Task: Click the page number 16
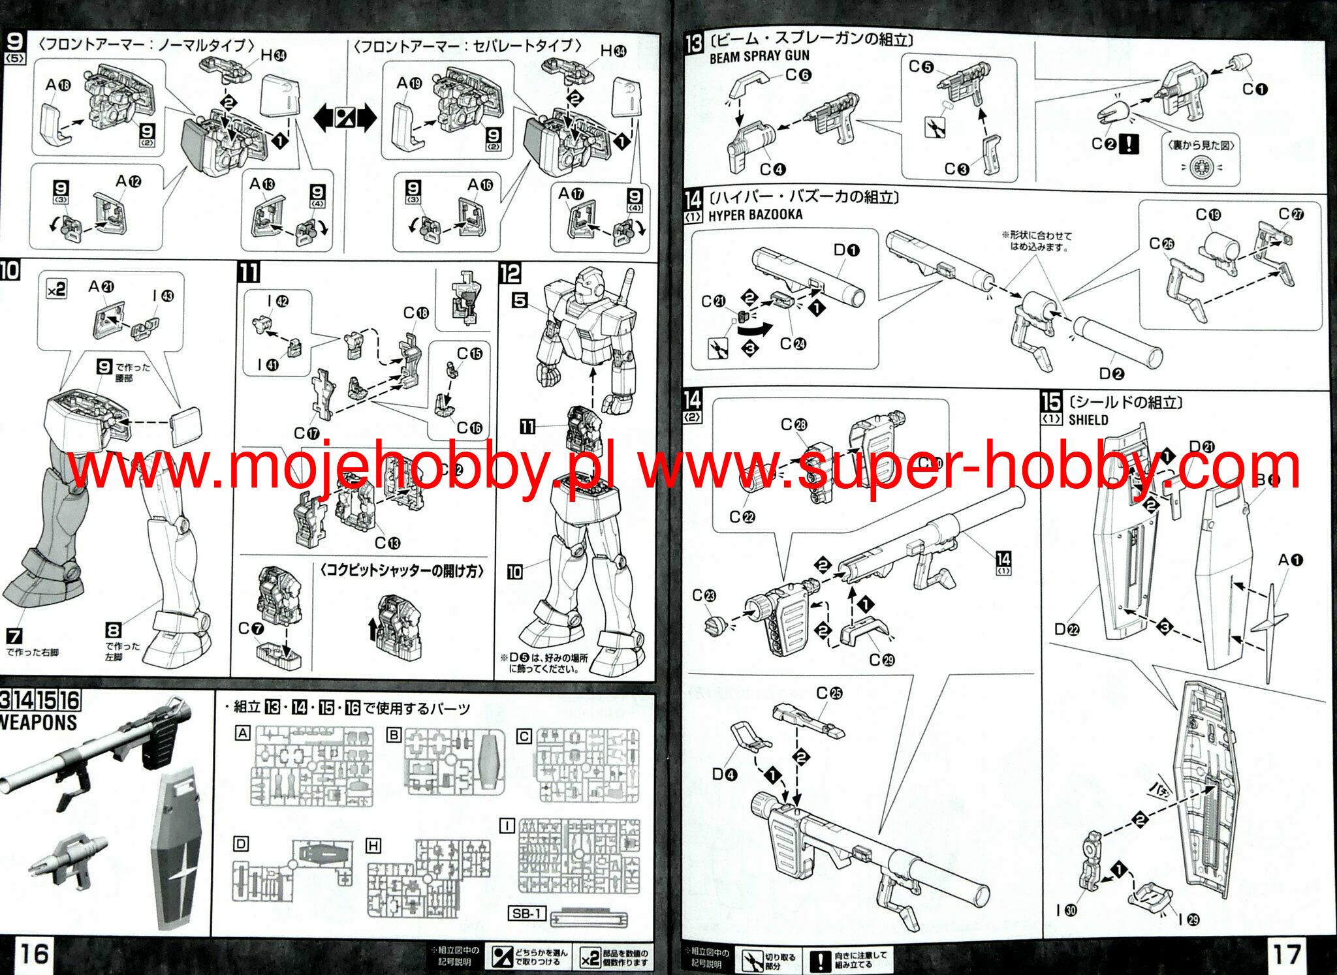coord(33,953)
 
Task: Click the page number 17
coord(1287,954)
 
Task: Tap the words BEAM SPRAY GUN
coord(759,57)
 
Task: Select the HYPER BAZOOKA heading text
coord(755,215)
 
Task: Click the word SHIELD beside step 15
coord(1088,420)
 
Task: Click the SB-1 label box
coord(526,913)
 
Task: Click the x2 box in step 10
coord(56,288)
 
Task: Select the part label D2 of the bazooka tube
coord(1111,373)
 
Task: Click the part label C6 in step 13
coord(798,75)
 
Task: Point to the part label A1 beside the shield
coord(1290,560)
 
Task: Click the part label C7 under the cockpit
coord(251,628)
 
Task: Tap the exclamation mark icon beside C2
coord(1129,144)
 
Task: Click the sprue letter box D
coord(241,844)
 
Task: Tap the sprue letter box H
coord(373,846)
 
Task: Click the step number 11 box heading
coord(248,272)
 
